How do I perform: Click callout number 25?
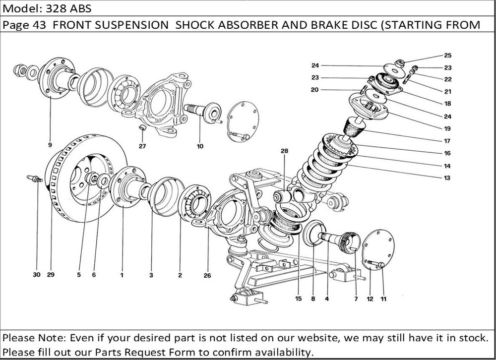tap(448, 56)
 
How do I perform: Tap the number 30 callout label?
tap(37, 274)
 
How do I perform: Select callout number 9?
tap(50, 145)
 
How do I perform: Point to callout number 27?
tap(142, 146)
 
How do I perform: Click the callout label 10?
tap(200, 146)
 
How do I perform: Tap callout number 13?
tap(447, 178)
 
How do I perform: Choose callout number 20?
tap(314, 90)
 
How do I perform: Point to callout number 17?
tap(447, 140)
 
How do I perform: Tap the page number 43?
tap(39, 25)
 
